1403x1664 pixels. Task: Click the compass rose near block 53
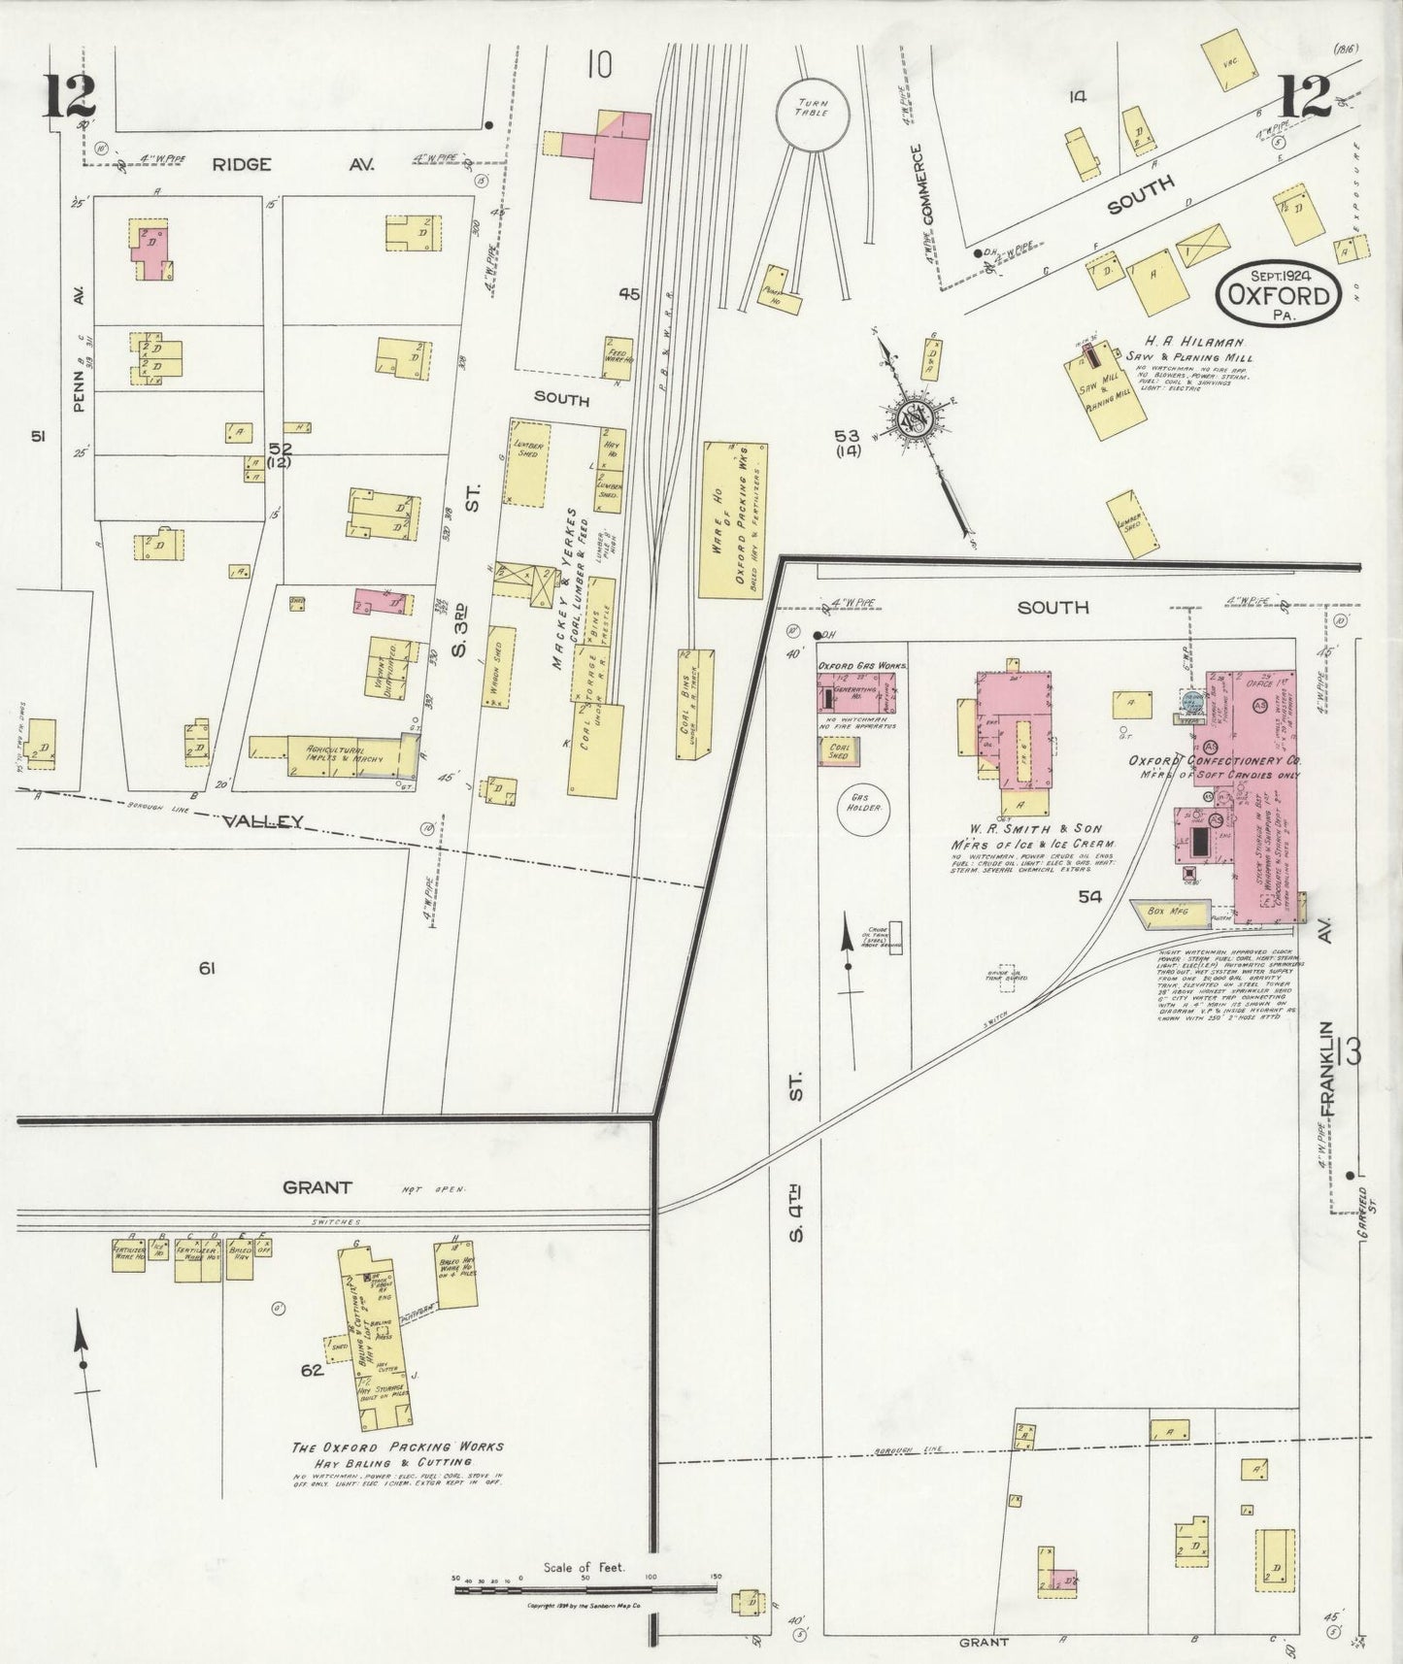(x=917, y=418)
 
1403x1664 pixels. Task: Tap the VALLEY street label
(x=264, y=821)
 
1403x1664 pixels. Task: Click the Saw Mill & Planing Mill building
(x=1106, y=392)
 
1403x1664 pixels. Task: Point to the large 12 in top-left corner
(x=68, y=93)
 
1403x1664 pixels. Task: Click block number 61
(x=206, y=967)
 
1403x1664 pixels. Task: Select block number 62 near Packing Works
(x=311, y=1371)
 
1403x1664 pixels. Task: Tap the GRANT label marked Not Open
(x=317, y=1186)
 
